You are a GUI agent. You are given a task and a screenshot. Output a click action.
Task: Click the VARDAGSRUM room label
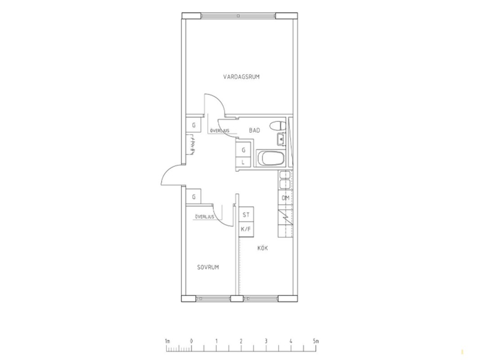coord(241,77)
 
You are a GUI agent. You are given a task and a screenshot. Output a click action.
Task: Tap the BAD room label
coord(254,130)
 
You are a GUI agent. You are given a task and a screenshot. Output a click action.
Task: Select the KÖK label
coord(263,248)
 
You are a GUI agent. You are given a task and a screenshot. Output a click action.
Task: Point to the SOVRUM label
coord(208,267)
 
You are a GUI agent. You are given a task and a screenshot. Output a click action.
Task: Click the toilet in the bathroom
coord(278,126)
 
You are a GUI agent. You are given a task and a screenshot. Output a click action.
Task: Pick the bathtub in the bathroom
coord(271,158)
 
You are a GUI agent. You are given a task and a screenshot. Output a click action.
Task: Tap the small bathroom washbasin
coord(281,139)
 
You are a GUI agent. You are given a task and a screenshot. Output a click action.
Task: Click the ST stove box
coord(246,215)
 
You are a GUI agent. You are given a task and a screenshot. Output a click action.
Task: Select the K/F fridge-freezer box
coord(246,229)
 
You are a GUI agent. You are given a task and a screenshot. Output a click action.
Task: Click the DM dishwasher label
coord(285,198)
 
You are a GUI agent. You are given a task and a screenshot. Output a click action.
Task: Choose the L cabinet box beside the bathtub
coord(244,162)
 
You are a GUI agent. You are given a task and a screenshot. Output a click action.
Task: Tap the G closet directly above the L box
coord(244,150)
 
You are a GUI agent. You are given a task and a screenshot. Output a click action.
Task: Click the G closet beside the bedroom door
coord(193,197)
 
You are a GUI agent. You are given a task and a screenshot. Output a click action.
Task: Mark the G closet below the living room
coord(193,125)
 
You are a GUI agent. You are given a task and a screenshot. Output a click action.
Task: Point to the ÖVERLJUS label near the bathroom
coord(220,130)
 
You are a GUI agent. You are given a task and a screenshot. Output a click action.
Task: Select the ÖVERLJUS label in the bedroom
coord(204,217)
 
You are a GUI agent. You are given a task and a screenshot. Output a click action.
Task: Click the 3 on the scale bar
coord(266,341)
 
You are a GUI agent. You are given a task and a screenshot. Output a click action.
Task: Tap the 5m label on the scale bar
coord(316,341)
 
